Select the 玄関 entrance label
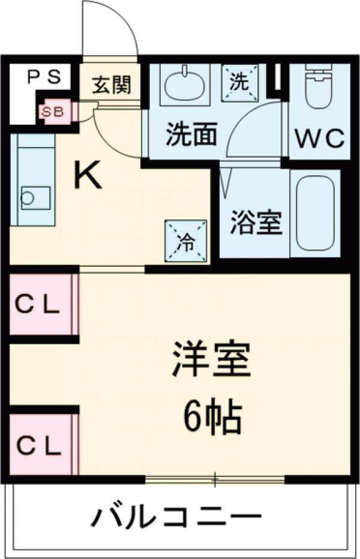tap(111, 85)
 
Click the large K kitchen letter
tap(88, 176)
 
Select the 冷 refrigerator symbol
tap(187, 241)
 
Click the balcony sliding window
tap(214, 479)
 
